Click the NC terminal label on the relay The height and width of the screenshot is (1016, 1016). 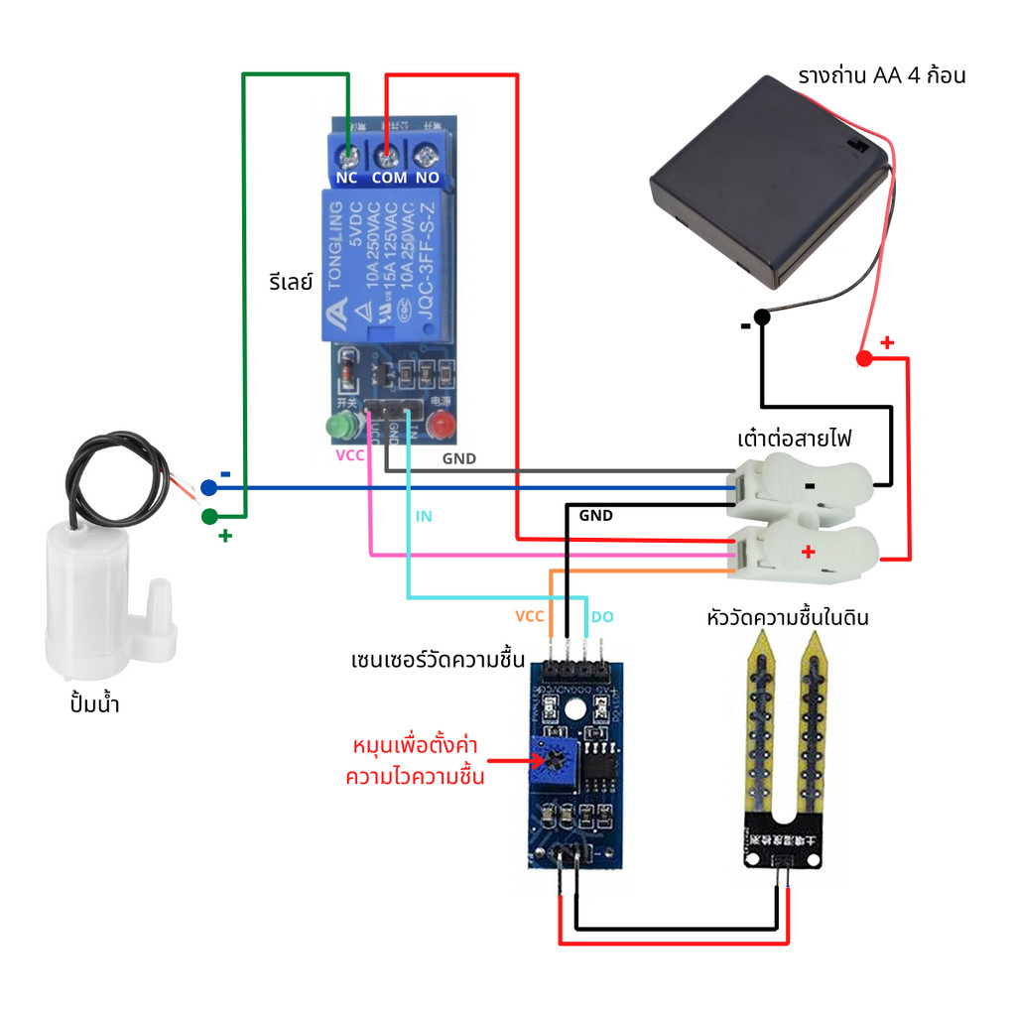346,178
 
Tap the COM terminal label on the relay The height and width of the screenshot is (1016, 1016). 389,178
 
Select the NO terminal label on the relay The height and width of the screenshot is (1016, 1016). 428,178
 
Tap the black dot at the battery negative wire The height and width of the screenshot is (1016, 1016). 761,317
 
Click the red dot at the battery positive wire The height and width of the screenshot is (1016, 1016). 863,358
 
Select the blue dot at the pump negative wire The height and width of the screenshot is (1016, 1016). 208,487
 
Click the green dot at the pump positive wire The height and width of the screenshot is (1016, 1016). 208,516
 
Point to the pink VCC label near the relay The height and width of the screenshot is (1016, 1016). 350,455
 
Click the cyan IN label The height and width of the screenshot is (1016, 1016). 424,517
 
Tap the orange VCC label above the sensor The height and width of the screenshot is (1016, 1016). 529,616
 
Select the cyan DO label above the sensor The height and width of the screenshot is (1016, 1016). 602,617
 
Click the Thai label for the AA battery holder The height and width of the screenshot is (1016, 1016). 881,76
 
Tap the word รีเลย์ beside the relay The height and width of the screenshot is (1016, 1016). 291,281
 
